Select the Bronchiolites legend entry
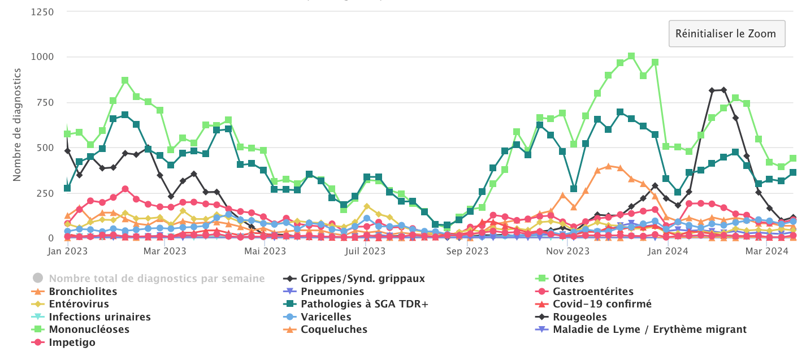pyautogui.click(x=83, y=292)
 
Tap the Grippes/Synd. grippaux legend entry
pyautogui.click(x=362, y=279)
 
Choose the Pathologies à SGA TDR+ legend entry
pyautogui.click(x=365, y=304)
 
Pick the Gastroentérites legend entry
pyautogui.click(x=593, y=292)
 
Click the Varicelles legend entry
pyautogui.click(x=326, y=317)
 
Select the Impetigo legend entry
pyautogui.click(x=72, y=342)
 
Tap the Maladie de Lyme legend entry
pyautogui.click(x=650, y=329)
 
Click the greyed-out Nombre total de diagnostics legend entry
pyautogui.click(x=157, y=279)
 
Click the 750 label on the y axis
pyautogui.click(x=45, y=102)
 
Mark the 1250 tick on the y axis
pyautogui.click(x=43, y=12)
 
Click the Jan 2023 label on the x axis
pyautogui.click(x=67, y=251)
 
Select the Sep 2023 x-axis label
pyautogui.click(x=467, y=251)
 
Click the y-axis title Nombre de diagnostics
pyautogui.click(x=17, y=124)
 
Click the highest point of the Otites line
pyautogui.click(x=631, y=56)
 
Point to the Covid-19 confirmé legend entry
pyautogui.click(x=602, y=304)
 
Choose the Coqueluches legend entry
pyautogui.click(x=334, y=329)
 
